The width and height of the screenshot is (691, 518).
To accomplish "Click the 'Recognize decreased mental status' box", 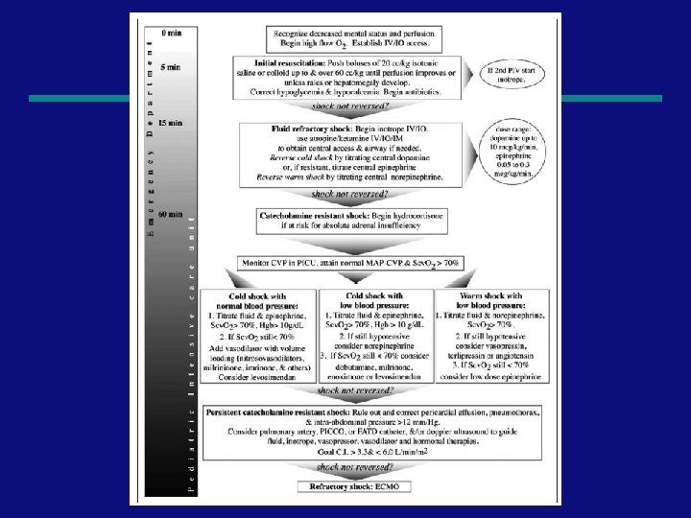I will click(x=352, y=37).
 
